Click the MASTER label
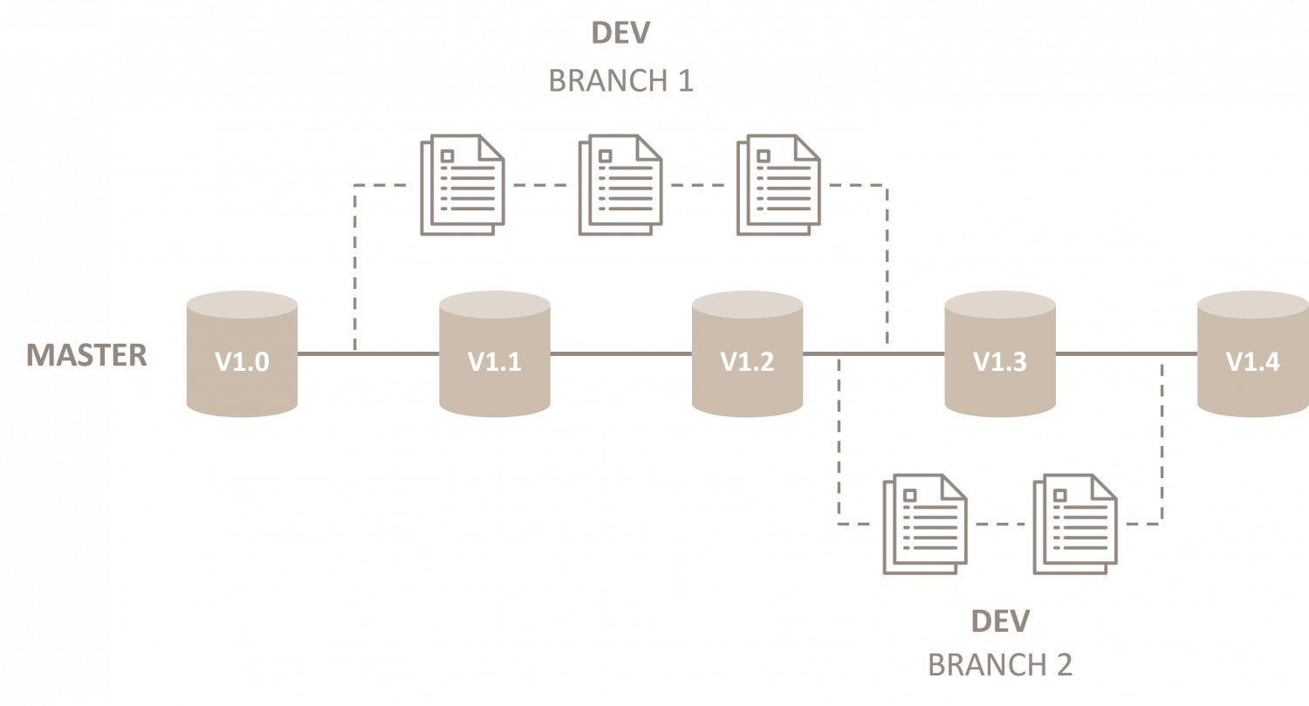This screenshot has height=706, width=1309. click(86, 356)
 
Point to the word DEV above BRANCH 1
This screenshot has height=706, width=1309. click(620, 33)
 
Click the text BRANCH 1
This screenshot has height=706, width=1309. click(620, 81)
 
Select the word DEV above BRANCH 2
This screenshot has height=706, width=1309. click(1000, 621)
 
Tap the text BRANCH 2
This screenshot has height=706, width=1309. click(1000, 665)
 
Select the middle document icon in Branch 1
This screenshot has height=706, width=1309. click(620, 185)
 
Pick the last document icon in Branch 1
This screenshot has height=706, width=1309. click(778, 185)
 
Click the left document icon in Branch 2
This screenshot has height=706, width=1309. click(926, 524)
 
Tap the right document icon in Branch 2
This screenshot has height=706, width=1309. click(1075, 524)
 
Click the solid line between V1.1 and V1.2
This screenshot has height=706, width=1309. click(620, 353)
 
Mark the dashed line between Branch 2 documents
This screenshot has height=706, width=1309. click(1000, 524)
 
